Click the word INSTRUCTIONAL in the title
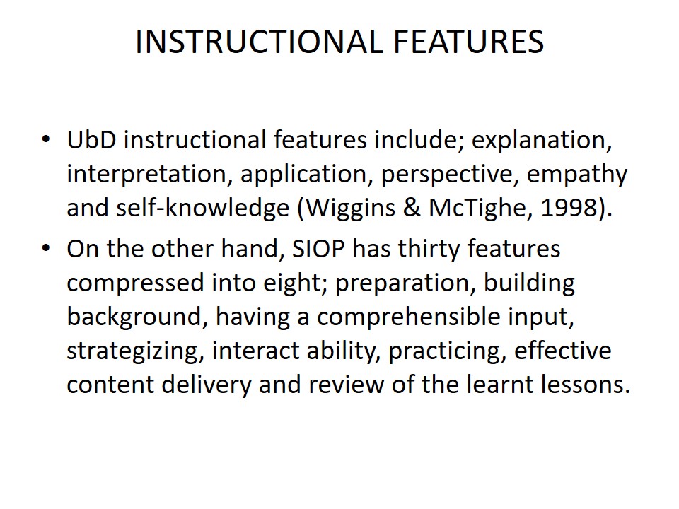coord(260,42)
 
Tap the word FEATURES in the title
coord(468,42)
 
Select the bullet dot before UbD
coord(46,139)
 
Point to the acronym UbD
coord(91,140)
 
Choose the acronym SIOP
coord(318,249)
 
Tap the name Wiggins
coord(350,209)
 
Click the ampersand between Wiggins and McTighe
coord(412,208)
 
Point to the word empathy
coord(577,175)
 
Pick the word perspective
coord(450,175)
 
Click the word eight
coord(294,283)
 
